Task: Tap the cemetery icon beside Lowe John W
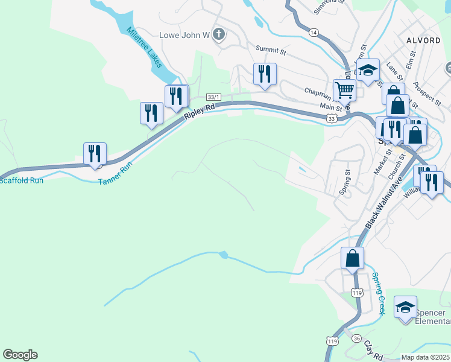[x=219, y=35]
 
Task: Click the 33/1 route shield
[x=213, y=97]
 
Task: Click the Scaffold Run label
[x=21, y=179]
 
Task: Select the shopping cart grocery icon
[x=344, y=90]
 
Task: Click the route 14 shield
[x=313, y=32]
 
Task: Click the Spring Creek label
[x=378, y=293]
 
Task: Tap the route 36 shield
[x=356, y=338]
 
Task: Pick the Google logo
[x=20, y=355]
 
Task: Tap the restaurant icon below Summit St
[x=265, y=74]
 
